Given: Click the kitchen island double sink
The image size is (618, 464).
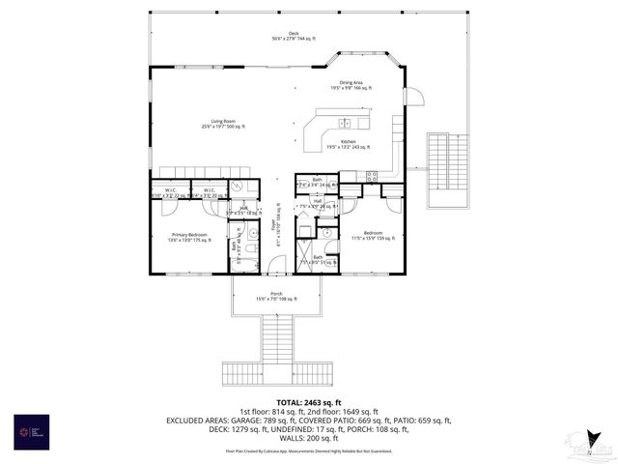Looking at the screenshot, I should click(x=345, y=123).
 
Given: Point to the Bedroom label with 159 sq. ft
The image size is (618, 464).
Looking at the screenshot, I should click(x=372, y=235).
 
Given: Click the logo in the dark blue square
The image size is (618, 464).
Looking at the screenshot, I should click(x=31, y=431).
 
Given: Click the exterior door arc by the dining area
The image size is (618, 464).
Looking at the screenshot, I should click(x=415, y=95).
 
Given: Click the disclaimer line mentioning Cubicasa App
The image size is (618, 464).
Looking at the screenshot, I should click(x=309, y=450).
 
